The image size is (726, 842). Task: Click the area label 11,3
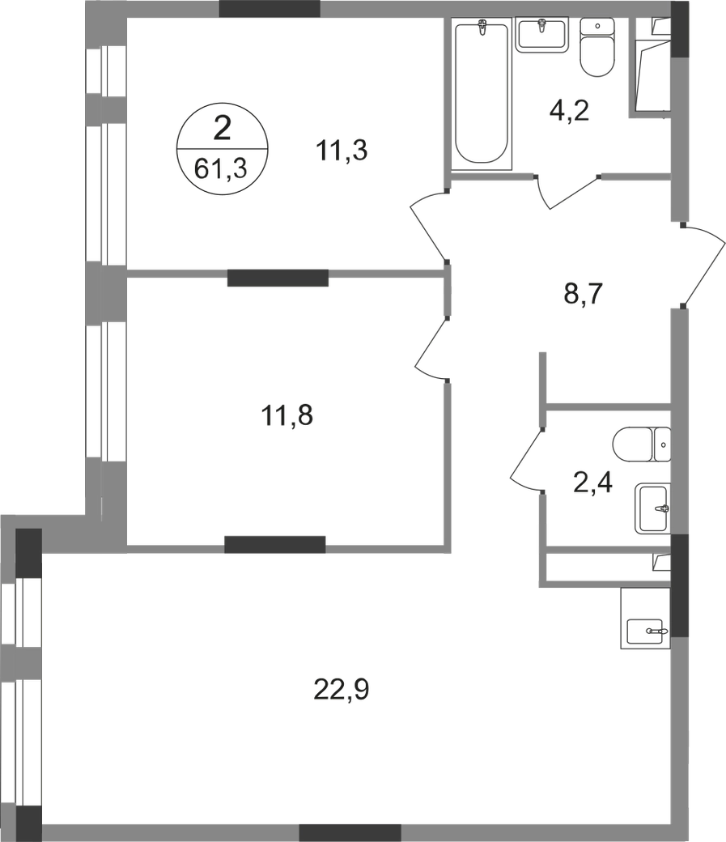pyautogui.click(x=342, y=151)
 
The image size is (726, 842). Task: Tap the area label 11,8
pyautogui.click(x=287, y=415)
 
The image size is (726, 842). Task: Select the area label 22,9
pyautogui.click(x=342, y=690)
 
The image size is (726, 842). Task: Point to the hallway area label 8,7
pyautogui.click(x=584, y=294)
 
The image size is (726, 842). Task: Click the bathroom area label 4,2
pyautogui.click(x=569, y=111)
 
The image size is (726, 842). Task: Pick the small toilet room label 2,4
pyautogui.click(x=592, y=482)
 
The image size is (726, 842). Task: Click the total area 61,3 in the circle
pyautogui.click(x=220, y=168)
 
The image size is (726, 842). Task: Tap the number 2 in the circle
pyautogui.click(x=222, y=129)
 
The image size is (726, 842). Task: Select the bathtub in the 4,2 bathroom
pyautogui.click(x=481, y=93)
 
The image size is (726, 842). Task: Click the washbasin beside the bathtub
pyautogui.click(x=541, y=34)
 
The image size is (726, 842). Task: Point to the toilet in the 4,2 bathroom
pyautogui.click(x=597, y=47)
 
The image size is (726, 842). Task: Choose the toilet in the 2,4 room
pyautogui.click(x=642, y=444)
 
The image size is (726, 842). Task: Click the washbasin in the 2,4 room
pyautogui.click(x=653, y=508)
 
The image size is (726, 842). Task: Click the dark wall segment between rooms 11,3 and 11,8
pyautogui.click(x=278, y=278)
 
